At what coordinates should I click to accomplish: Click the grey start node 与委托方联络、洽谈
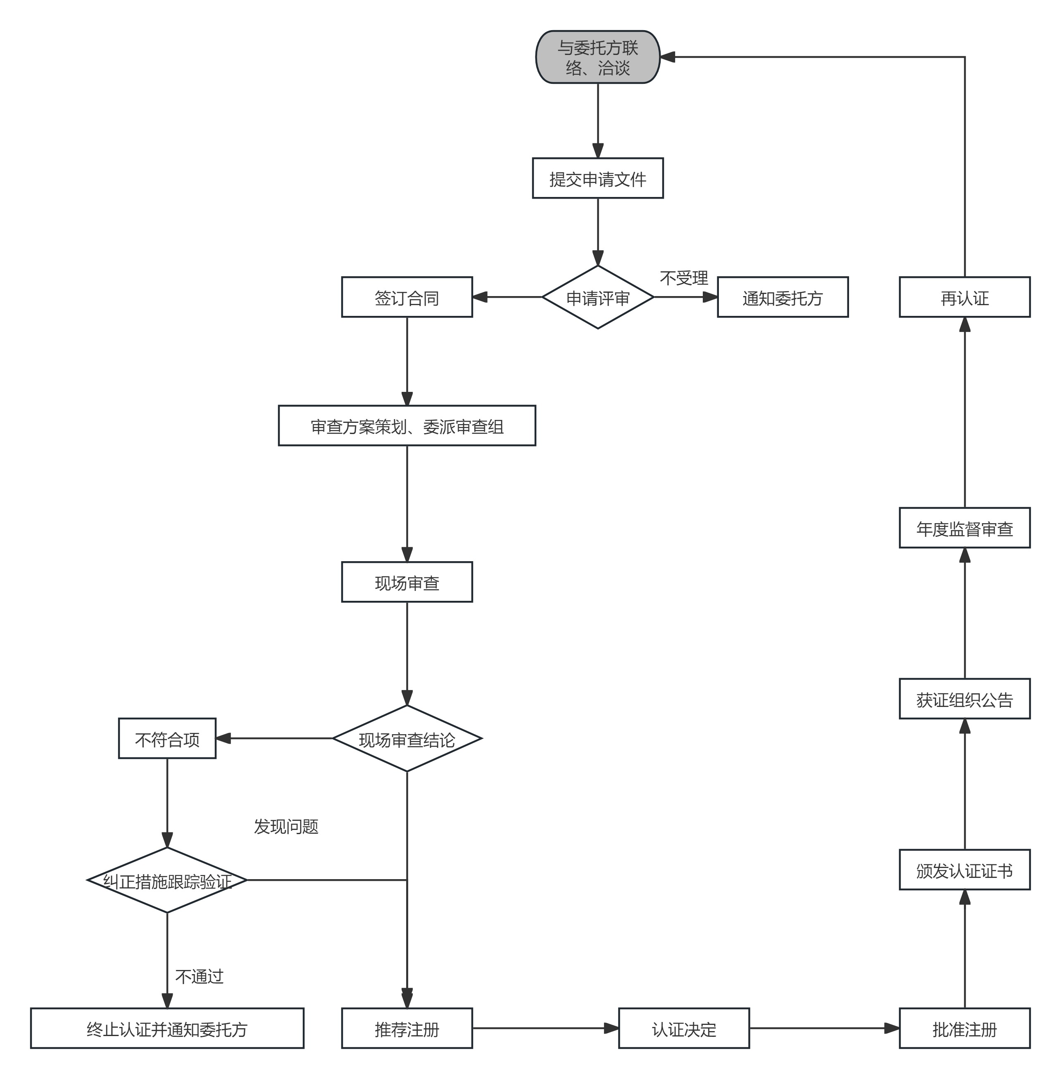coord(597,57)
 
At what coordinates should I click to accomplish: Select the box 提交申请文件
coord(597,178)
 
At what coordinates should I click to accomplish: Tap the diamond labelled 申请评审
coord(597,297)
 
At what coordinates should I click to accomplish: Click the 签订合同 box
coord(407,297)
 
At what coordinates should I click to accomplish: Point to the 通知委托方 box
coord(783,297)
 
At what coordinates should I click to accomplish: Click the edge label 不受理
coord(684,278)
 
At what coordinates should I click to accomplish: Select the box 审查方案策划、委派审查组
coord(407,426)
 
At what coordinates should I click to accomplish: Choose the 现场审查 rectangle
coord(407,582)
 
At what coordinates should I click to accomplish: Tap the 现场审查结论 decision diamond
coord(407,739)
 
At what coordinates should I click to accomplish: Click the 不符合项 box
coord(167,739)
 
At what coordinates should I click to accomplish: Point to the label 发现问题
coord(286,826)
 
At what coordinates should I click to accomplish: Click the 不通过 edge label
coord(199,976)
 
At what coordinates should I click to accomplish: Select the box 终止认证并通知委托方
coord(167,1028)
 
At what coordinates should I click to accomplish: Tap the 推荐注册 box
coord(407,1028)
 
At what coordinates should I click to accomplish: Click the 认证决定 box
coord(684,1028)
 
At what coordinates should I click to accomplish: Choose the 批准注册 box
coord(965,1028)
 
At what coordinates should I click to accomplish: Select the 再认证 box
coord(965,297)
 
